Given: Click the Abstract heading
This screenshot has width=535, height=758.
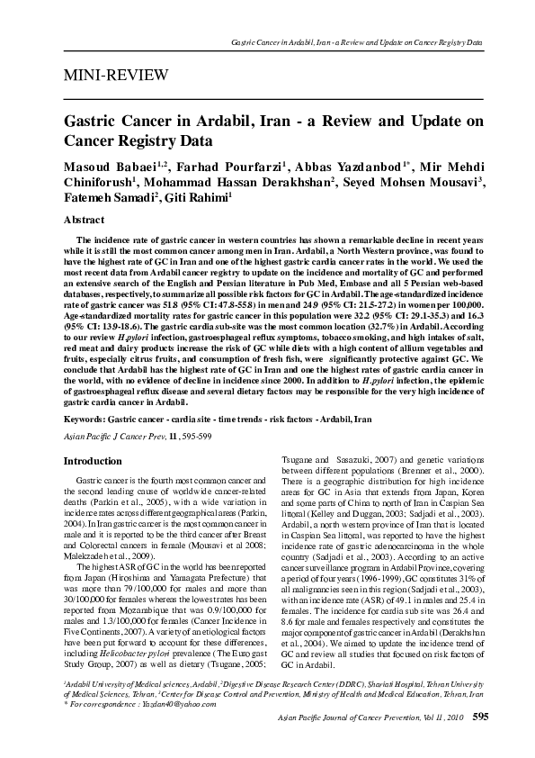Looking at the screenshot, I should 87,219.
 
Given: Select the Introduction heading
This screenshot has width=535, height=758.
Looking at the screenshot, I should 94,461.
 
